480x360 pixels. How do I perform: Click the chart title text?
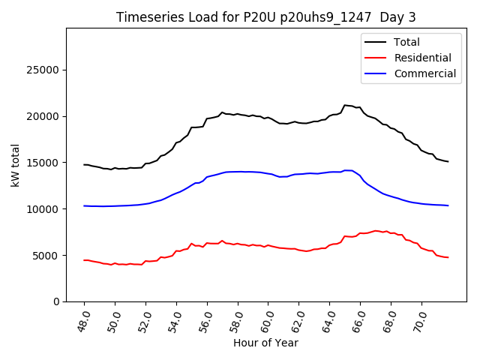266,17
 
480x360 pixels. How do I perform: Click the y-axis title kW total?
15,165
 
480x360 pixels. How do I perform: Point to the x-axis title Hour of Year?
265,343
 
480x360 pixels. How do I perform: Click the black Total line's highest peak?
345,105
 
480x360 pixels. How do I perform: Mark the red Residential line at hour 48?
84,260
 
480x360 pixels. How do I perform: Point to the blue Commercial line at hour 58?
238,172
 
